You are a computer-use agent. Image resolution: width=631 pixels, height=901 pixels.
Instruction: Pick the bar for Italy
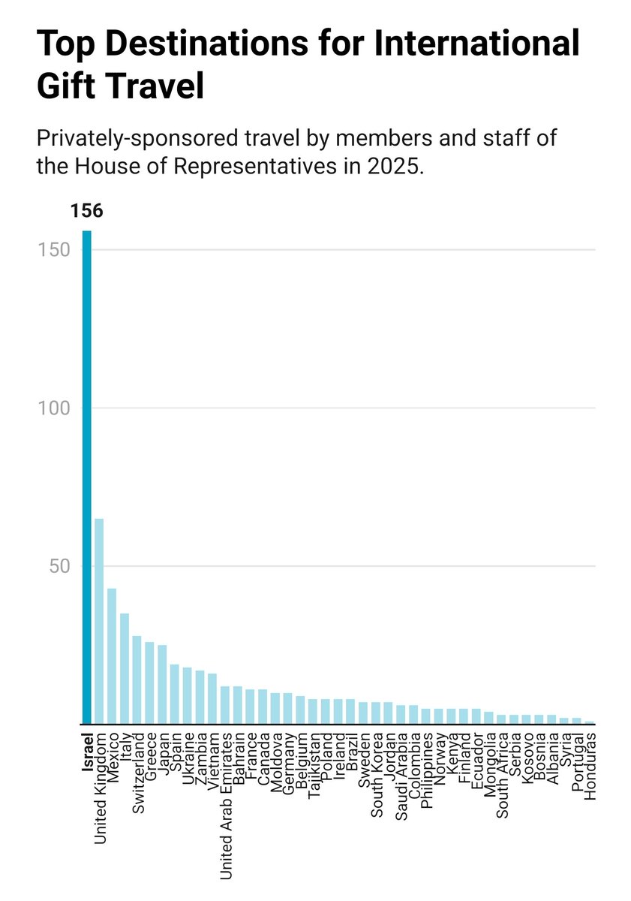click(x=125, y=668)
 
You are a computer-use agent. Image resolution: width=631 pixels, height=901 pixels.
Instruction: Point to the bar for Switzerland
click(x=137, y=680)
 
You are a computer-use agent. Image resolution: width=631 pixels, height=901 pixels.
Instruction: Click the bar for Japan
click(x=162, y=684)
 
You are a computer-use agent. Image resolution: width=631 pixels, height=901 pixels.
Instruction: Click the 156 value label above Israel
click(x=87, y=211)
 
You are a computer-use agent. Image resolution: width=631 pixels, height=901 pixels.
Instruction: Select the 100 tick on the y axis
click(x=53, y=408)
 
